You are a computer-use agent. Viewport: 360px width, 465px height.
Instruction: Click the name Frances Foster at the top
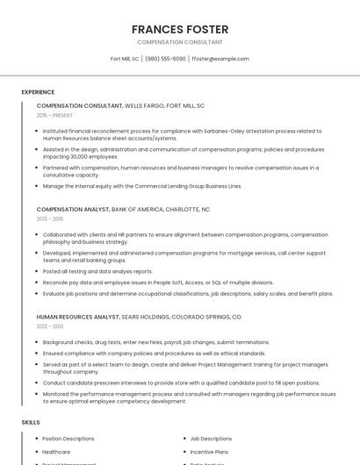pyautogui.click(x=179, y=29)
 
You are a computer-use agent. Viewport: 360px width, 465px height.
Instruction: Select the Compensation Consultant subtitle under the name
pyautogui.click(x=179, y=42)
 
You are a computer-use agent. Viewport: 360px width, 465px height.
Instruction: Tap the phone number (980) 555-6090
pyautogui.click(x=165, y=59)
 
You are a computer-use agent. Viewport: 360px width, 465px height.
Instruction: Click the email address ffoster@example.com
pyautogui.click(x=220, y=59)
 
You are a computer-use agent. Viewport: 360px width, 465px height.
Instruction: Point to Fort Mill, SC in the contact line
pyautogui.click(x=125, y=59)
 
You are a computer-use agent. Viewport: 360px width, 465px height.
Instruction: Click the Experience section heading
pyautogui.click(x=38, y=92)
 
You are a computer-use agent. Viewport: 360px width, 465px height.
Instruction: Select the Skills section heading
pyautogui.click(x=31, y=423)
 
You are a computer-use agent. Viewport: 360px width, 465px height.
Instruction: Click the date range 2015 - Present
pyautogui.click(x=55, y=115)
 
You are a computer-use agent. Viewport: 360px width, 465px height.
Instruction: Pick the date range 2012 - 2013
pyautogui.click(x=49, y=326)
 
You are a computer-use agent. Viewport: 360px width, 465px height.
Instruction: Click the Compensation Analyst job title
pyautogui.click(x=73, y=210)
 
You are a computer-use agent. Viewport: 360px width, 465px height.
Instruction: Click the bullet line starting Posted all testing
pyautogui.click(x=97, y=271)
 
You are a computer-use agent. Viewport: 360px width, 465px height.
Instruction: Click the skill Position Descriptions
pyautogui.click(x=68, y=439)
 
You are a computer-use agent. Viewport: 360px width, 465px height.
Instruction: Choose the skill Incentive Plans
pyautogui.click(x=208, y=451)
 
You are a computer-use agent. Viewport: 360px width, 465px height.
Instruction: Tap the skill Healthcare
pyautogui.click(x=55, y=451)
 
